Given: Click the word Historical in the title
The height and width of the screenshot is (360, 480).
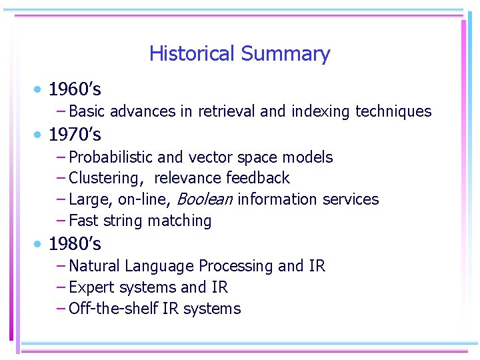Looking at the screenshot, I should click(x=192, y=53).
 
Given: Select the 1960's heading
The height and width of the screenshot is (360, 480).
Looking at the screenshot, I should click(x=75, y=89).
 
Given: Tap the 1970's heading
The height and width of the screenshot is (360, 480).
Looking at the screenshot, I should click(x=75, y=135).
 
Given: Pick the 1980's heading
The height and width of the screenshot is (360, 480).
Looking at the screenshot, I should click(x=75, y=244).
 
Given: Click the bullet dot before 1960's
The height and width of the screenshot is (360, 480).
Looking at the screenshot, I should click(x=40, y=89).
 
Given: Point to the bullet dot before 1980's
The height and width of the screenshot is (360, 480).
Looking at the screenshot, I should click(x=40, y=245).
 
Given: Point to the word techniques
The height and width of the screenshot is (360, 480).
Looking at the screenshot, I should click(x=393, y=111).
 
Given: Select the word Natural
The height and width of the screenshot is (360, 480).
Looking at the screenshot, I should click(x=93, y=266).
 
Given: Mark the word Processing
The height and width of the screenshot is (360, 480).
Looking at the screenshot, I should click(x=236, y=266).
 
